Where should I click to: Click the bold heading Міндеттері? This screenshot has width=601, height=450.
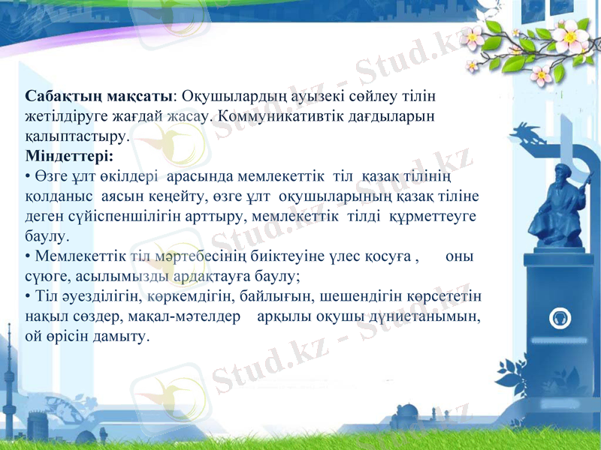click(69, 157)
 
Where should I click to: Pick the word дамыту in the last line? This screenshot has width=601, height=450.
click(122, 336)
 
